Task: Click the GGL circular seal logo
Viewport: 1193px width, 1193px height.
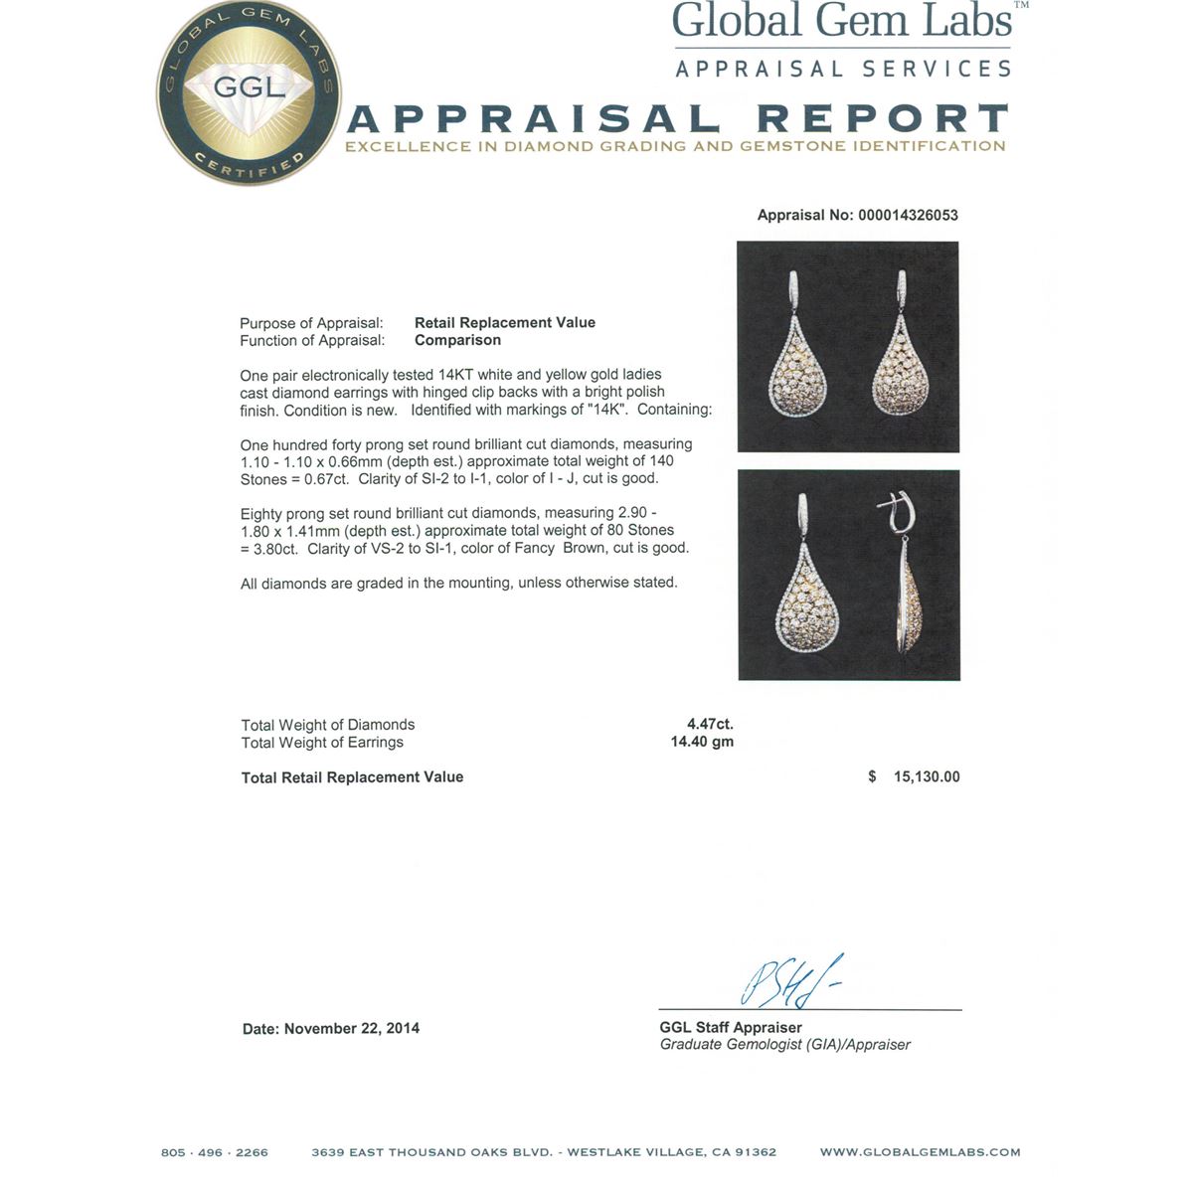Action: (249, 94)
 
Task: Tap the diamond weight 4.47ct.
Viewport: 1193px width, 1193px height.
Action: (710, 724)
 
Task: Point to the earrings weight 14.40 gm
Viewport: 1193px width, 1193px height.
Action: (702, 742)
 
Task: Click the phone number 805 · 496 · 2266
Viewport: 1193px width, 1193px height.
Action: (215, 1152)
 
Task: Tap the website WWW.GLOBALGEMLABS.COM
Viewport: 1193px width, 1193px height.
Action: (920, 1152)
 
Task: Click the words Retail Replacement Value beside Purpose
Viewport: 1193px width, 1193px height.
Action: (504, 322)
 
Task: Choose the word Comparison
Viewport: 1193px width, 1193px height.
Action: (457, 340)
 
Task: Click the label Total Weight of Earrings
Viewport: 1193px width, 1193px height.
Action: (322, 742)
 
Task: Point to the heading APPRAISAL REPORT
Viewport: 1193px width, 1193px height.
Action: (677, 119)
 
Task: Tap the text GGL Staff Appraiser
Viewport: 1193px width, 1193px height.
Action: (731, 1027)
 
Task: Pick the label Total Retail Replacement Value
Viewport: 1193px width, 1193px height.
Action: (352, 776)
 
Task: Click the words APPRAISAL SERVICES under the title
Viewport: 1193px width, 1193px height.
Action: (843, 69)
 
